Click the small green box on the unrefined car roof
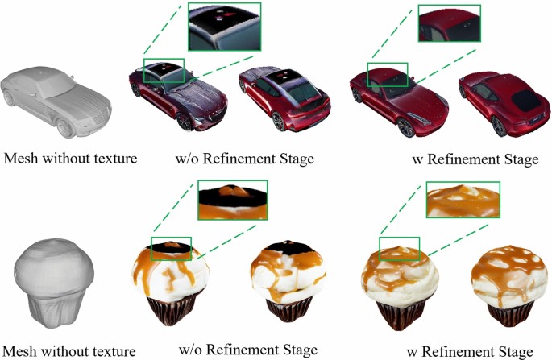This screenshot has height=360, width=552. tap(164, 70)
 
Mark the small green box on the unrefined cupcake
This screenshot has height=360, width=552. tap(172, 248)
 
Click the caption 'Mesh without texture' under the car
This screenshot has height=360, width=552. tap(70, 159)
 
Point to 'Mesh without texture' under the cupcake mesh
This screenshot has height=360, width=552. tap(68, 350)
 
